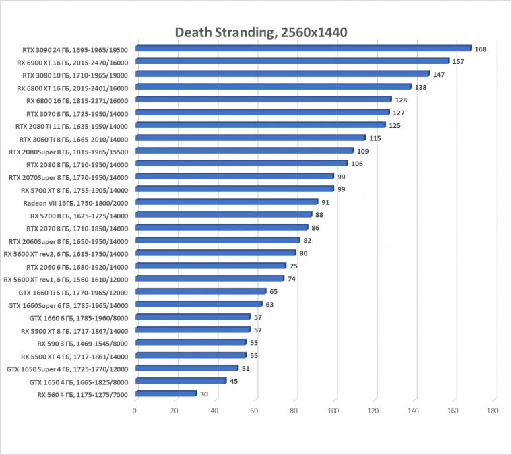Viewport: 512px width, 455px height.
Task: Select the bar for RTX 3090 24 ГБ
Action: [303, 49]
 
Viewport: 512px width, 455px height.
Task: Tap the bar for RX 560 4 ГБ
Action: [166, 394]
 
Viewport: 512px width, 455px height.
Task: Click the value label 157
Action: [459, 61]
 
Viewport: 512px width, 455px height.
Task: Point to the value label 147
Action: [439, 74]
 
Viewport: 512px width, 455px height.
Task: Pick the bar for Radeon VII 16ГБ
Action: [226, 202]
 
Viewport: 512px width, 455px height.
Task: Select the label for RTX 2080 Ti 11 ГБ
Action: [71, 126]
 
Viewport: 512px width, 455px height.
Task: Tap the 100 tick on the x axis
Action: [334, 411]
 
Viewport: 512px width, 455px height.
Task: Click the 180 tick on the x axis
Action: [493, 411]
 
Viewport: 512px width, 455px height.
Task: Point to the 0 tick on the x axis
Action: [135, 411]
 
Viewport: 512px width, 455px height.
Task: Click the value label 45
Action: [234, 381]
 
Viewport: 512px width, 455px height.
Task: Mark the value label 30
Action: [204, 394]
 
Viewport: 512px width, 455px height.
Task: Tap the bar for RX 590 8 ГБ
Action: [191, 342]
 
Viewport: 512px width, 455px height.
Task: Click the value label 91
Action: [325, 202]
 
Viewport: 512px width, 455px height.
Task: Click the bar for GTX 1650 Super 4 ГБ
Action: [187, 368]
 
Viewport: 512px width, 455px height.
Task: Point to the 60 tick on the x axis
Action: [255, 411]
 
